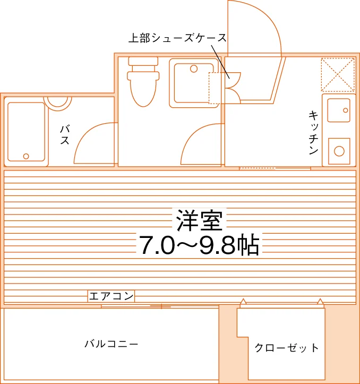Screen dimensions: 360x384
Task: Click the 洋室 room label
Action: (x=199, y=220)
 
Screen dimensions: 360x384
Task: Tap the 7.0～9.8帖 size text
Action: (x=199, y=245)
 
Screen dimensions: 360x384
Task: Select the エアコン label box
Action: (x=111, y=296)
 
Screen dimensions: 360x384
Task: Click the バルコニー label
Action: (x=112, y=344)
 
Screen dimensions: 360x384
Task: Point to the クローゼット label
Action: (x=287, y=348)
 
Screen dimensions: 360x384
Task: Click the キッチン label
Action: (x=313, y=132)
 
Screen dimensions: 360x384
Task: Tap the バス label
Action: (x=65, y=134)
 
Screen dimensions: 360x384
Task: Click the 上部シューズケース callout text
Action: (x=177, y=38)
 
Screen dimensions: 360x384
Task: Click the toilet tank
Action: (x=143, y=61)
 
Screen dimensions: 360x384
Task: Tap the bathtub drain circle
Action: (x=26, y=156)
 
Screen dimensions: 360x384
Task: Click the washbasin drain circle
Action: (x=194, y=69)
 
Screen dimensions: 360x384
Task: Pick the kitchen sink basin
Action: (x=339, y=110)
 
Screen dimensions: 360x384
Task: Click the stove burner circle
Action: (x=339, y=151)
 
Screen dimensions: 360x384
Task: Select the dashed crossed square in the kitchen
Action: (x=338, y=74)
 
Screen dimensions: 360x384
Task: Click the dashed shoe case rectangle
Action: (x=217, y=88)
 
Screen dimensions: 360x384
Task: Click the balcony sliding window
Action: (x=160, y=306)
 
